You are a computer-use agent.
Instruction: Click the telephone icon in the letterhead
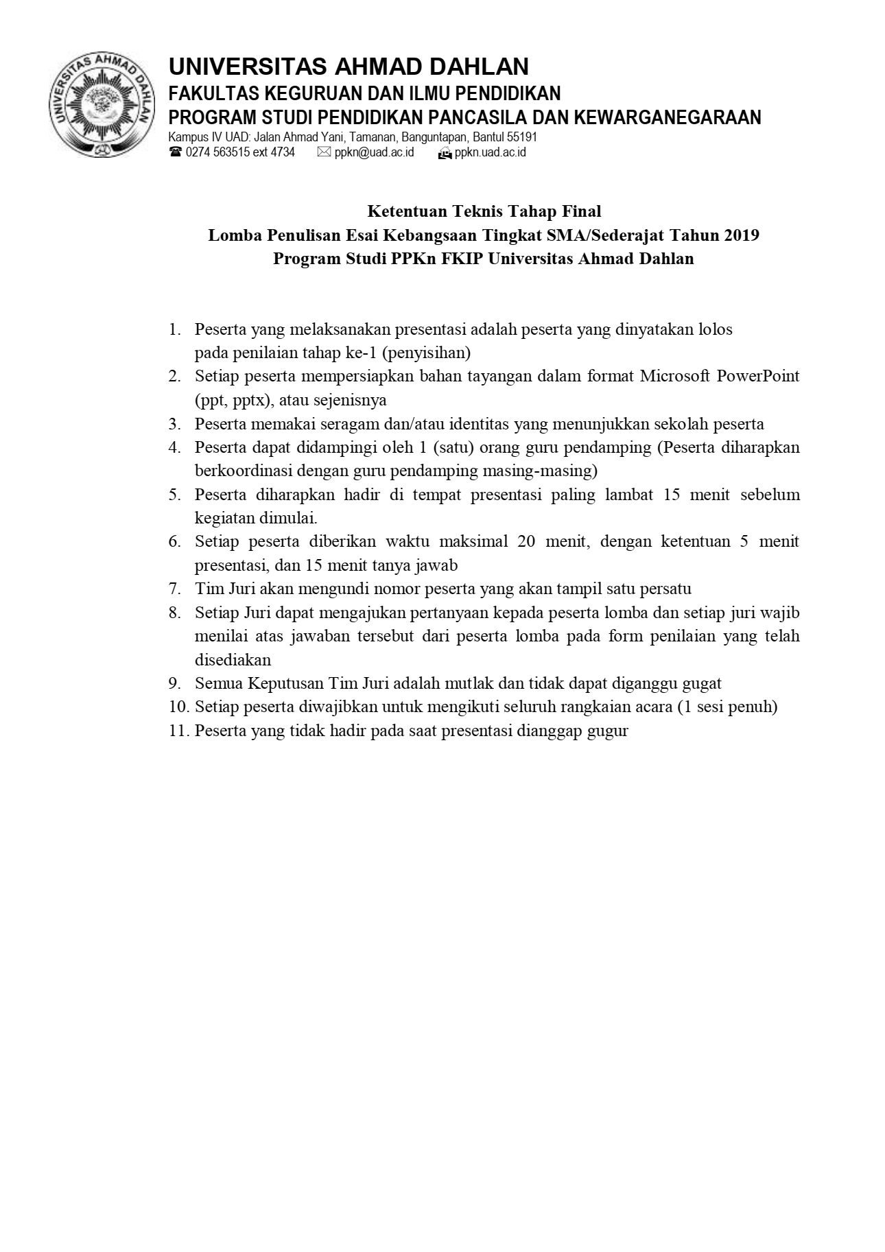click(176, 152)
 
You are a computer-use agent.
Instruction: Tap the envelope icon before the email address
click(324, 152)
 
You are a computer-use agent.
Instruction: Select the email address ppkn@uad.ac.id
click(375, 152)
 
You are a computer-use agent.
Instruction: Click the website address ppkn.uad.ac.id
click(490, 152)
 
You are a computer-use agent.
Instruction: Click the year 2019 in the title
click(742, 235)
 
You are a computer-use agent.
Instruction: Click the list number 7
click(175, 589)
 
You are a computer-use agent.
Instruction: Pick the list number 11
click(178, 731)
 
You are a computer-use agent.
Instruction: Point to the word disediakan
click(233, 660)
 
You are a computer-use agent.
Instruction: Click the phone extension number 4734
click(283, 152)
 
